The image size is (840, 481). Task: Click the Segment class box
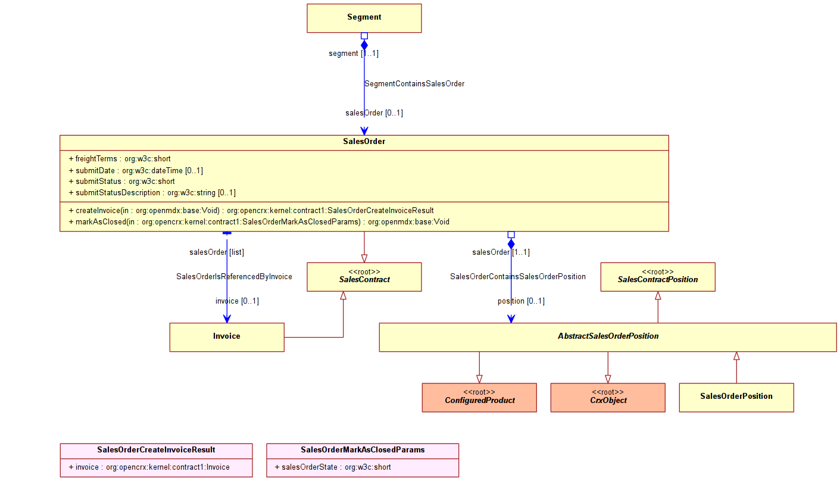(364, 18)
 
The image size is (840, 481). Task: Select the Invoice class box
(227, 337)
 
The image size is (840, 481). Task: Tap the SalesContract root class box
(364, 277)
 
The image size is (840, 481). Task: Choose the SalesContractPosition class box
(658, 277)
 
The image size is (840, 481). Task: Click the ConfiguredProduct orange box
(479, 398)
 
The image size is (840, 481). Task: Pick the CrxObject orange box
(608, 398)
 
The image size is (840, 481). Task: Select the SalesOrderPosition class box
(736, 398)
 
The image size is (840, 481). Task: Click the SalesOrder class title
(364, 141)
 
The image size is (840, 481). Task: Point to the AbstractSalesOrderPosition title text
(608, 336)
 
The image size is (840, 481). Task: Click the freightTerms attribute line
(120, 158)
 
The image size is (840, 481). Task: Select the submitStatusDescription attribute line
(152, 193)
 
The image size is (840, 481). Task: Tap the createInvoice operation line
(251, 210)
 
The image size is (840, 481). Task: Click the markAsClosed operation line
(259, 222)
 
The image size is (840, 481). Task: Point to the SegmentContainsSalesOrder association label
(414, 83)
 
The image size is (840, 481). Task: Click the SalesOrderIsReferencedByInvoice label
(234, 276)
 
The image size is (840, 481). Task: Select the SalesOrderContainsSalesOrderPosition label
(518, 276)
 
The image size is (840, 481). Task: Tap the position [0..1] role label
(521, 301)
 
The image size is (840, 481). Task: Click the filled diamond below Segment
(364, 45)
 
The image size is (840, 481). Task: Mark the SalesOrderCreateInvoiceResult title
(156, 450)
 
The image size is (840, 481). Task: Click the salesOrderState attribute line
(333, 467)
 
